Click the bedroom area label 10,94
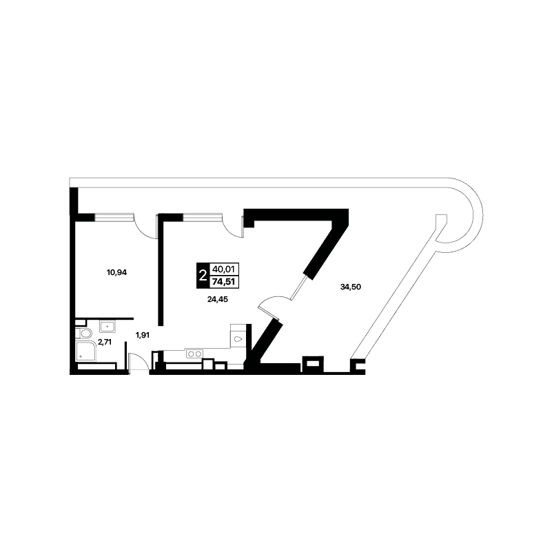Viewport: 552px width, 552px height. (x=116, y=272)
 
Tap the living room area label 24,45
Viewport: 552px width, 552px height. (x=218, y=299)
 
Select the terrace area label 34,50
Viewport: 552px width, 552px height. (x=351, y=287)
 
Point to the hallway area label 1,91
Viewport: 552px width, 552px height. (x=143, y=335)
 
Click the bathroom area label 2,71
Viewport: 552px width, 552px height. (x=105, y=342)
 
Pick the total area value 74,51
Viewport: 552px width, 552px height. (x=224, y=282)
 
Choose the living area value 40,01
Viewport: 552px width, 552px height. (x=224, y=269)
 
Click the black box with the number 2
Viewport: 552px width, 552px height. (x=203, y=276)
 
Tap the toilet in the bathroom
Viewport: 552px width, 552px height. (x=84, y=333)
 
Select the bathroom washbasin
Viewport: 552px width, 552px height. (x=108, y=326)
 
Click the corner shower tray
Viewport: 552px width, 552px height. (x=85, y=351)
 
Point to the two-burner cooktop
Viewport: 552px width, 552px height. (x=194, y=354)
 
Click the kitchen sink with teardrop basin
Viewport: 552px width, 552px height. (x=238, y=338)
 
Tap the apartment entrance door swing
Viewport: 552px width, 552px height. (x=139, y=361)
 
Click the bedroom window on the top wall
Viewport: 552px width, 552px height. (x=114, y=218)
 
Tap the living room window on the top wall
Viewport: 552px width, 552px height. (x=203, y=218)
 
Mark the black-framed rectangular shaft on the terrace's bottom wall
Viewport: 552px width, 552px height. (x=313, y=364)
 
